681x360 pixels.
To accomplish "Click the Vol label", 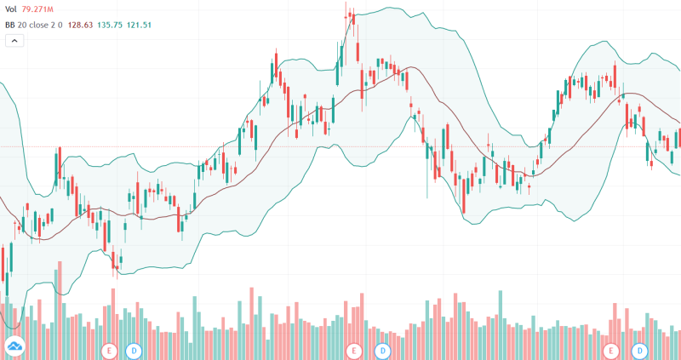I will point(11,9).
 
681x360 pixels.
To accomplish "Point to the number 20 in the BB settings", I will point(26,25).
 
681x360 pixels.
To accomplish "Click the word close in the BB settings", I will point(44,25).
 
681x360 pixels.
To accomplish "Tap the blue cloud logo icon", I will point(14,346).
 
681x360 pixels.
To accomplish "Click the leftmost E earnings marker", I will point(109,350).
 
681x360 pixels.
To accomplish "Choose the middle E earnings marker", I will point(355,350).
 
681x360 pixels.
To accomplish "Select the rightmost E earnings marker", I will point(610,350).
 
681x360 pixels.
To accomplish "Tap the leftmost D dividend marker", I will point(134,350).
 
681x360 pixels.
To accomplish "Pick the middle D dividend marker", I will point(383,350).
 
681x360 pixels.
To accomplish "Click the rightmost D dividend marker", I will point(639,350).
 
